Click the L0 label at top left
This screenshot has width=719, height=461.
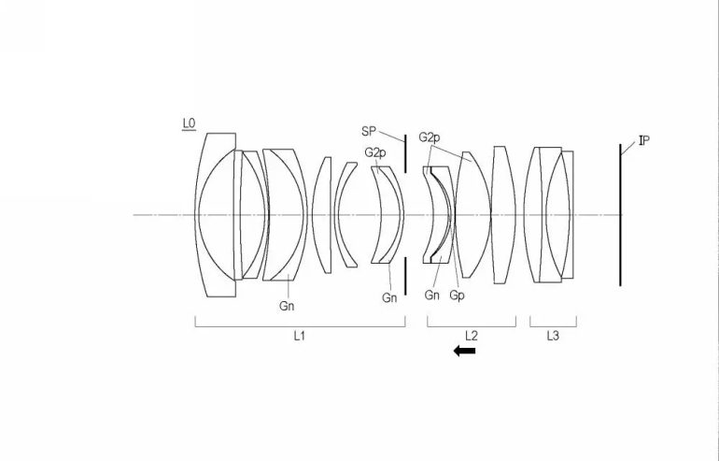(189, 122)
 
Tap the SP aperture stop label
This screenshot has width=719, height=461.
(368, 131)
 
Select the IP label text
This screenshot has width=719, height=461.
(643, 141)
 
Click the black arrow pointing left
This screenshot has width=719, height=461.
(464, 351)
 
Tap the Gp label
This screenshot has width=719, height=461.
(458, 295)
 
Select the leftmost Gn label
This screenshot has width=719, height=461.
(287, 305)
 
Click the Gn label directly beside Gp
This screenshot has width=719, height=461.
(432, 295)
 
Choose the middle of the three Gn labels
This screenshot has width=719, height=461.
(389, 298)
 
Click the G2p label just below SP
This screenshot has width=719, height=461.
(374, 151)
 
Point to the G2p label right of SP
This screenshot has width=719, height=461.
(430, 137)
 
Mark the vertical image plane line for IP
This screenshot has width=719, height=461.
(619, 215)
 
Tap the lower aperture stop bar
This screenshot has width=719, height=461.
(406, 276)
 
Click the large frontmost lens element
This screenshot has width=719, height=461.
(217, 215)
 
